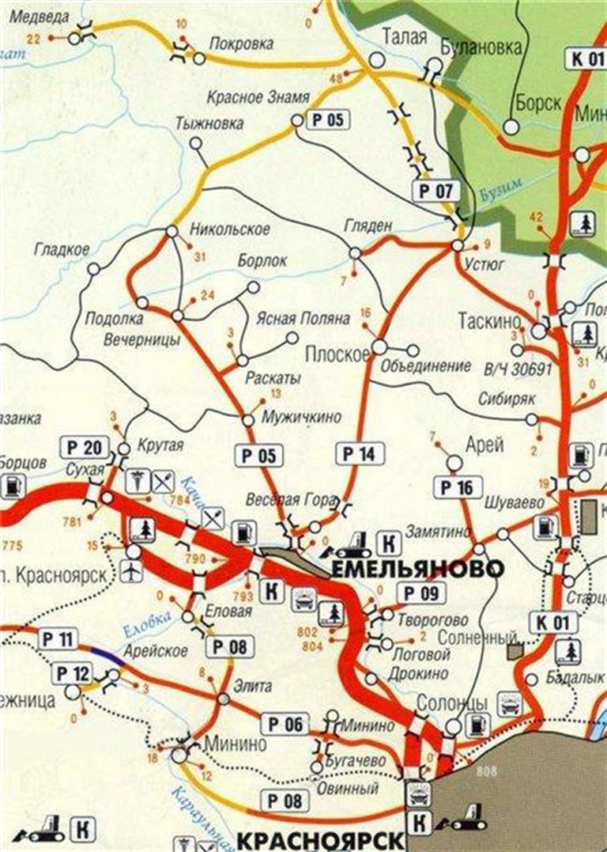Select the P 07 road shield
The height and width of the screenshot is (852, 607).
point(435,190)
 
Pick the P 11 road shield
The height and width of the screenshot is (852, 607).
point(58,639)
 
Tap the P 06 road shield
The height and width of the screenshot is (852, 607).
point(284,724)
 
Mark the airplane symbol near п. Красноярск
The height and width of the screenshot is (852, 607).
point(133,572)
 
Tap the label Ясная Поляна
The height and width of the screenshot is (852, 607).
point(302,319)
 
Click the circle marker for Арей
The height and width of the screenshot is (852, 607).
point(454,462)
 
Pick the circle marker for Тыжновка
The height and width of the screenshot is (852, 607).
point(196,144)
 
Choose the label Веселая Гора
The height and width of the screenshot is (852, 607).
point(298,500)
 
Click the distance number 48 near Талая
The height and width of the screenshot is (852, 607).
point(335,78)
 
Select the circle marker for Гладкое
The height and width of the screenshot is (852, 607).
point(93,269)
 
